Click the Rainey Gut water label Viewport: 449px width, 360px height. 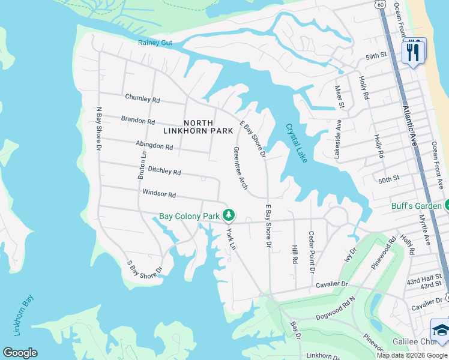[x=155, y=43]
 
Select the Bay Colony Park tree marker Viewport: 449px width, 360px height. [x=228, y=215]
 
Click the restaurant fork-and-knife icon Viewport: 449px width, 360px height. [x=412, y=52]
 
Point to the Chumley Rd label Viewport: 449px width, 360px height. [x=142, y=98]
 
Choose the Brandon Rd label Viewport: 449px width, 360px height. [x=138, y=120]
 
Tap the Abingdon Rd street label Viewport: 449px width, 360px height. [x=154, y=146]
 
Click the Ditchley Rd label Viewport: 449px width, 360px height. [x=164, y=172]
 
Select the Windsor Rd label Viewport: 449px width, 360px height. [x=159, y=194]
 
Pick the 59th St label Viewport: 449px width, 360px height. [x=375, y=55]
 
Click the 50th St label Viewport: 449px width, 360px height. [x=389, y=179]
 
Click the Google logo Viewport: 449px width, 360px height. [x=20, y=353]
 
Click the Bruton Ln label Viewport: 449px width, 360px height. [x=142, y=164]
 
